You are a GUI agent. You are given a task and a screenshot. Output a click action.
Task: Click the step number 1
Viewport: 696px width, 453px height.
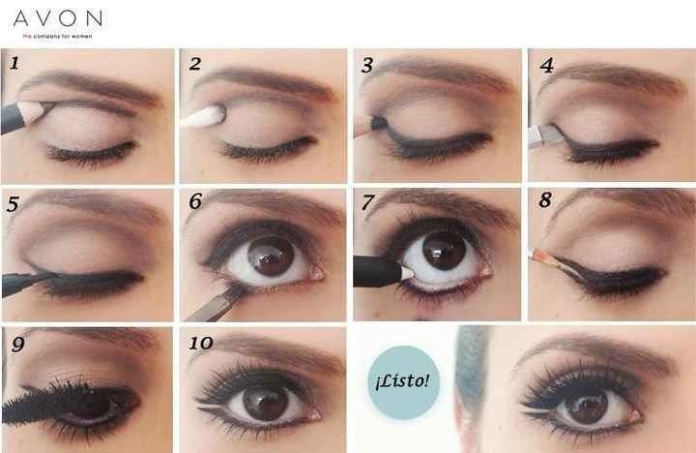click(x=14, y=65)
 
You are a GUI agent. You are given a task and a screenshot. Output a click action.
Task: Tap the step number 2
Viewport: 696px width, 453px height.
click(x=194, y=65)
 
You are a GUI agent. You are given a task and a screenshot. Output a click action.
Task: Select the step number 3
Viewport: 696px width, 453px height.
click(x=367, y=66)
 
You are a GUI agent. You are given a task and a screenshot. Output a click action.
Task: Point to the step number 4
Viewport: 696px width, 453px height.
click(x=547, y=66)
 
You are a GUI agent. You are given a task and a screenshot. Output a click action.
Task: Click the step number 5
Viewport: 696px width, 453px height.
click(x=14, y=204)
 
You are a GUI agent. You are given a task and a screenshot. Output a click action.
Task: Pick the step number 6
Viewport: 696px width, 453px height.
click(x=195, y=204)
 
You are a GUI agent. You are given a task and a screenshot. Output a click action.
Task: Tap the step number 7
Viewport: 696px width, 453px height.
click(x=367, y=204)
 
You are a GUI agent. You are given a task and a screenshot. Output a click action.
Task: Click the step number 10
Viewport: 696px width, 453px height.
click(x=201, y=344)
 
